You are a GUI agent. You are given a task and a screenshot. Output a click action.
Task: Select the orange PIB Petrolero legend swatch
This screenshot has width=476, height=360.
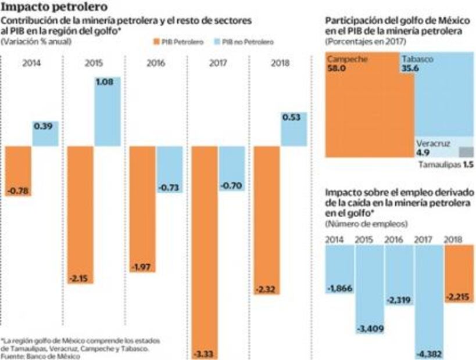click(x=157, y=42)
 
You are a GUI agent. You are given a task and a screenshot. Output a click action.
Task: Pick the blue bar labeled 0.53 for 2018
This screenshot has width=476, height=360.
click(x=294, y=128)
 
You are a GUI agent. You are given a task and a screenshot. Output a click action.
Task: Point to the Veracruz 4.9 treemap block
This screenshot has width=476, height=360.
click(x=436, y=147)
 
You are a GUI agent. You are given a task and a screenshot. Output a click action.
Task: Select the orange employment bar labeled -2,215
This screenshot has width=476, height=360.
click(x=459, y=273)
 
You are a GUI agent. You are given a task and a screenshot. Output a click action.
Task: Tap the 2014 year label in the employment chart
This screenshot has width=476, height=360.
click(x=335, y=239)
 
